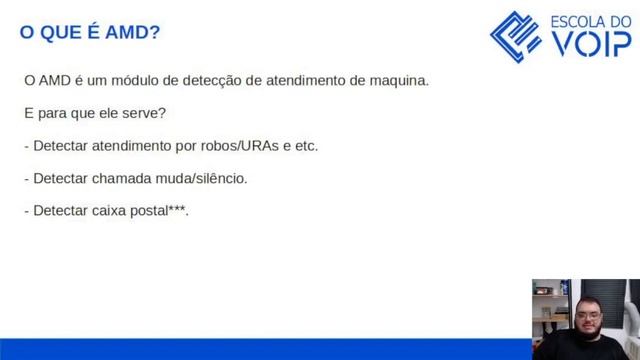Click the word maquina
coord(397,79)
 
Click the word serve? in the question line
coord(142,112)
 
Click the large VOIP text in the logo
coord(592,46)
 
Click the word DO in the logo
coord(618,20)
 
